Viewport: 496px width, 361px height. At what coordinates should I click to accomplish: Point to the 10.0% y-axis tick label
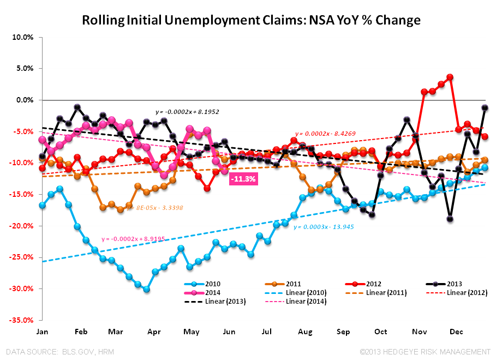22,37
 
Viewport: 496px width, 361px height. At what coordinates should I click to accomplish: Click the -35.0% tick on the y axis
21,320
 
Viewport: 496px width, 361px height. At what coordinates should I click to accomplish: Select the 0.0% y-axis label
23,100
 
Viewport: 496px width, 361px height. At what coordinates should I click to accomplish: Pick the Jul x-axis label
267,331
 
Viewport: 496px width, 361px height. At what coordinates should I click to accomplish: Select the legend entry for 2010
207,284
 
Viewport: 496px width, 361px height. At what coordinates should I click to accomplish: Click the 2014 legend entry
207,293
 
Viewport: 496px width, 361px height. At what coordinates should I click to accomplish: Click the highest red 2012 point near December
450,77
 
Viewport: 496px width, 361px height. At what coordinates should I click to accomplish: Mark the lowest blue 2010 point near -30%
146,289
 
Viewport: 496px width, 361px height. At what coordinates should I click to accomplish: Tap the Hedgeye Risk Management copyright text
422,352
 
